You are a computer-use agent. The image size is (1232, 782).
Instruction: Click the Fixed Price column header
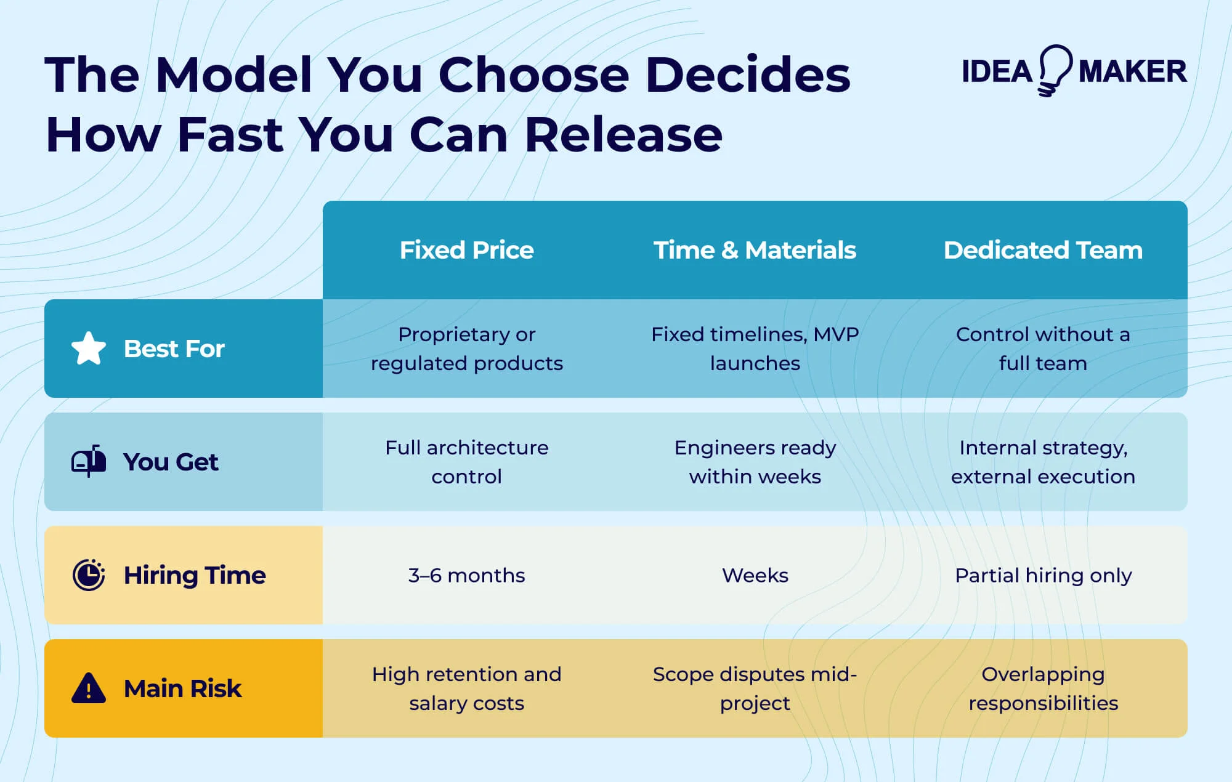466,250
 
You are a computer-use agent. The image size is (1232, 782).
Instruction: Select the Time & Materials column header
755,250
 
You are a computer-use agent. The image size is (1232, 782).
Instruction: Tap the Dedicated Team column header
1043,250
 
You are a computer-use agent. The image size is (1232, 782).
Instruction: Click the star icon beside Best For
89,349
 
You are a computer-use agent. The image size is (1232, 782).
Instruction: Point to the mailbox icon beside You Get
89,461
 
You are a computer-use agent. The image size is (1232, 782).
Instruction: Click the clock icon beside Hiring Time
89,575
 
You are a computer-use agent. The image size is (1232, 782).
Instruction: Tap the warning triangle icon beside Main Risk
89,688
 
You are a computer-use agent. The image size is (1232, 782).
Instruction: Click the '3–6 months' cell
466,575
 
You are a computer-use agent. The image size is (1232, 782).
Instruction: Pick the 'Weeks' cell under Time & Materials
755,575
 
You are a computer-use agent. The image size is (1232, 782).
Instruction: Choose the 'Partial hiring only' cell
1043,575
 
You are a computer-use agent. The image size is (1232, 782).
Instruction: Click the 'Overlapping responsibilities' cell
1043,688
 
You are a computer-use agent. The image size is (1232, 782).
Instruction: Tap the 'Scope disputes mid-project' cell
755,688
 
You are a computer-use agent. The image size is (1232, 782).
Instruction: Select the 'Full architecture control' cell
466,462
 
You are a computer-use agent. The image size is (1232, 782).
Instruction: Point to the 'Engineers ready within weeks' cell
755,462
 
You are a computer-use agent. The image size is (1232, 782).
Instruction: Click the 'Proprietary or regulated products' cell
466,349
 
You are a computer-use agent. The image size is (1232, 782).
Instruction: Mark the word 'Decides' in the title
748,75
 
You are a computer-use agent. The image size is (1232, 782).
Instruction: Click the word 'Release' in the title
623,135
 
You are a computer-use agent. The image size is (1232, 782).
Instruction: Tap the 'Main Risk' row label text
182,688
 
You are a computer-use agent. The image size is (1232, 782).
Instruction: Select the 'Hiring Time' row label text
195,575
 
